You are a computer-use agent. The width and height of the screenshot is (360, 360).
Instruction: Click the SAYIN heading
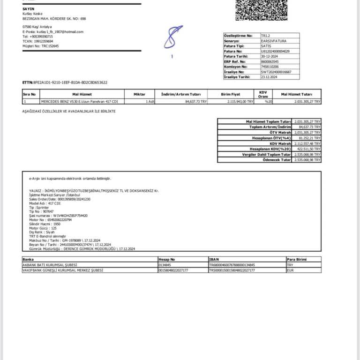point(28,9)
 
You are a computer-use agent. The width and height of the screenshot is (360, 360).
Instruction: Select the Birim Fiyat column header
point(230,94)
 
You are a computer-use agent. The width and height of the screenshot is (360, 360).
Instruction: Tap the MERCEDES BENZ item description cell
point(79,101)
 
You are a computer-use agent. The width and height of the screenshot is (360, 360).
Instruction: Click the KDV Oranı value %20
point(268,101)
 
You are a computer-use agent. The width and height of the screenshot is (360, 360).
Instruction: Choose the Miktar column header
point(139,94)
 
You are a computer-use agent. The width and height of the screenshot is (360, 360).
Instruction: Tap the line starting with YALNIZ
point(94,191)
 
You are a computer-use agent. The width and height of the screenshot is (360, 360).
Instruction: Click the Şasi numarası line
point(58,215)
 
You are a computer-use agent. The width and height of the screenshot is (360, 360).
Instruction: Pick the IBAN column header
point(214,259)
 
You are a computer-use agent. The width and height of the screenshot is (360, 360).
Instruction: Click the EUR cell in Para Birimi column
point(291,270)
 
